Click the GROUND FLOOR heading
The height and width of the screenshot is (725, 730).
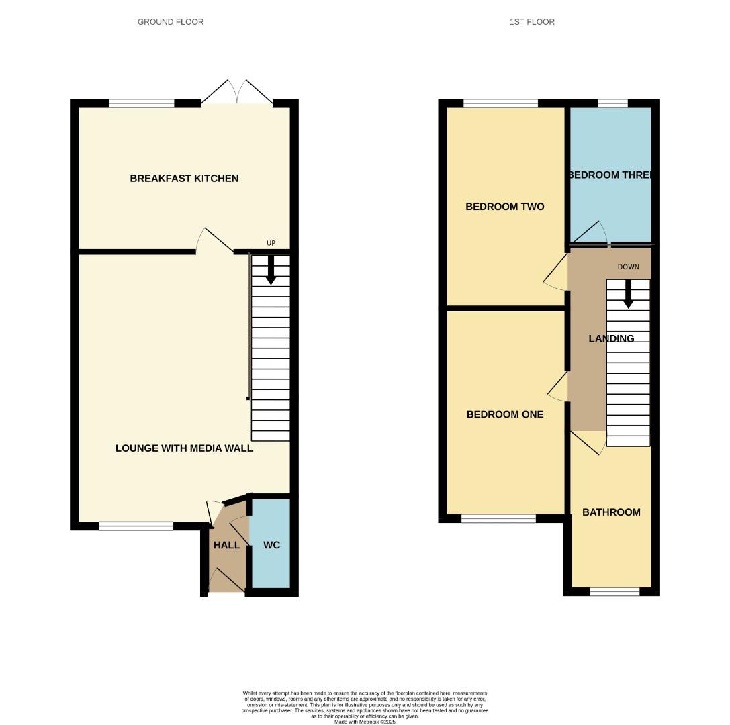[x=171, y=22]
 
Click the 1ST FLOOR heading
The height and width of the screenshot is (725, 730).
[x=532, y=22]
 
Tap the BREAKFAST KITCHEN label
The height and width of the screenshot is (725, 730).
[x=184, y=179]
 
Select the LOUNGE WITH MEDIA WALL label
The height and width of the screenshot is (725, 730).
[x=184, y=448]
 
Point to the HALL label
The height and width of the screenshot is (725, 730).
[x=226, y=545]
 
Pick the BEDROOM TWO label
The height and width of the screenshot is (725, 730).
[x=504, y=207]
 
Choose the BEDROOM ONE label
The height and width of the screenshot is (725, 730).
[x=504, y=414]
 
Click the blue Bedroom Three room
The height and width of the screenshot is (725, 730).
[x=610, y=201]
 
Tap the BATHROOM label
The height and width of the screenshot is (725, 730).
[x=611, y=512]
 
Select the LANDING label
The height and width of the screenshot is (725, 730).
[x=611, y=339]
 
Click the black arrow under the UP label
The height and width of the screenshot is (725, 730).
[x=271, y=270]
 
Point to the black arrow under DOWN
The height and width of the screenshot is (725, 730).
[x=628, y=294]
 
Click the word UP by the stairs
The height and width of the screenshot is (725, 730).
[x=271, y=243]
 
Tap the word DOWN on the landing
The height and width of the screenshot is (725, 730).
[x=629, y=267]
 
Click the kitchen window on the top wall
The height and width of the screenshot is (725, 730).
[x=141, y=103]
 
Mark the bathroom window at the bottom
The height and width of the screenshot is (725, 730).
[x=614, y=591]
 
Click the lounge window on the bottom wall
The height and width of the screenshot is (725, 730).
[x=136, y=526]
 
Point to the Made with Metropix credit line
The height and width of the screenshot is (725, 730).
[x=365, y=722]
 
